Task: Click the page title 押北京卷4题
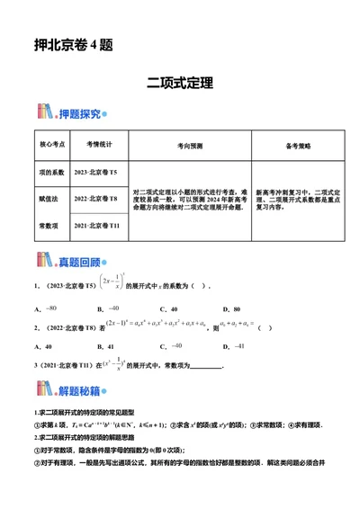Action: [72, 45]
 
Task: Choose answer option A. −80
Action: [44, 308]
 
